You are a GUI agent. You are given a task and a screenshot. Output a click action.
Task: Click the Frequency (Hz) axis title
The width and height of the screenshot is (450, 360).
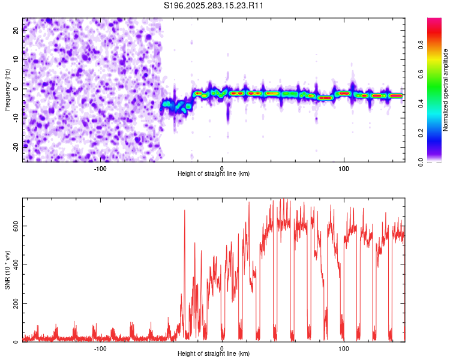click(7, 89)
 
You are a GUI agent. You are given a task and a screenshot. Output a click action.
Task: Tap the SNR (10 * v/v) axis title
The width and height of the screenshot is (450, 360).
click(7, 269)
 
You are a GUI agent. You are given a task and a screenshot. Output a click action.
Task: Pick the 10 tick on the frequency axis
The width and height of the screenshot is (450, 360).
click(16, 60)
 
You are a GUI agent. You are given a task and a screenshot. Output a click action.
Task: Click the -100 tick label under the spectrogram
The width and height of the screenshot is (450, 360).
click(100, 168)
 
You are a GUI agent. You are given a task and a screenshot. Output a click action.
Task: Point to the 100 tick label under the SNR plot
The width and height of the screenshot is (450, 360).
click(344, 348)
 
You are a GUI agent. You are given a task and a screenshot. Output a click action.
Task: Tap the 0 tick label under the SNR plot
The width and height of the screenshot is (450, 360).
click(222, 348)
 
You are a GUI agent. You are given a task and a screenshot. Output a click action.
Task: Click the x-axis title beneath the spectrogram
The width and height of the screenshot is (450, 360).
click(214, 174)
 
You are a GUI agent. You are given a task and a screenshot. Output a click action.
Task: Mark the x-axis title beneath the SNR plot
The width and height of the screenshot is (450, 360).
click(214, 354)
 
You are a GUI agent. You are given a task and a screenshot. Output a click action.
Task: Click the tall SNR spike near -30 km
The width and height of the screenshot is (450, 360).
click(184, 211)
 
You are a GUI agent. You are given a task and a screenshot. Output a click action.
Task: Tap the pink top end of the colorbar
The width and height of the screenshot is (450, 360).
click(434, 20)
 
